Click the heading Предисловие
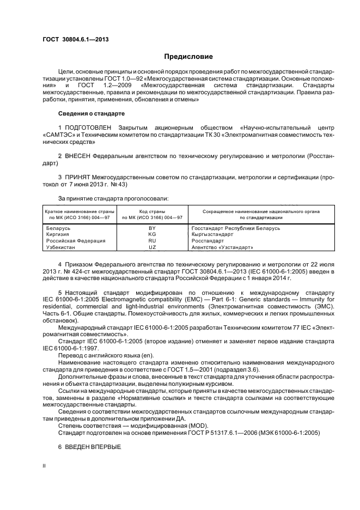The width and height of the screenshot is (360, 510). click(x=188, y=57)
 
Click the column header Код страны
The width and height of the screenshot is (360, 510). click(x=145, y=211)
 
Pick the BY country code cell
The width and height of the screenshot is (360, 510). click(x=145, y=228)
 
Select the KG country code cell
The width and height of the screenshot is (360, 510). click(x=145, y=234)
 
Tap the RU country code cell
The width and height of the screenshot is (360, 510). click(x=145, y=240)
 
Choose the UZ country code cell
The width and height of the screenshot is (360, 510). click(x=145, y=247)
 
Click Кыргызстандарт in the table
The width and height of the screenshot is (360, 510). click(x=212, y=234)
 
